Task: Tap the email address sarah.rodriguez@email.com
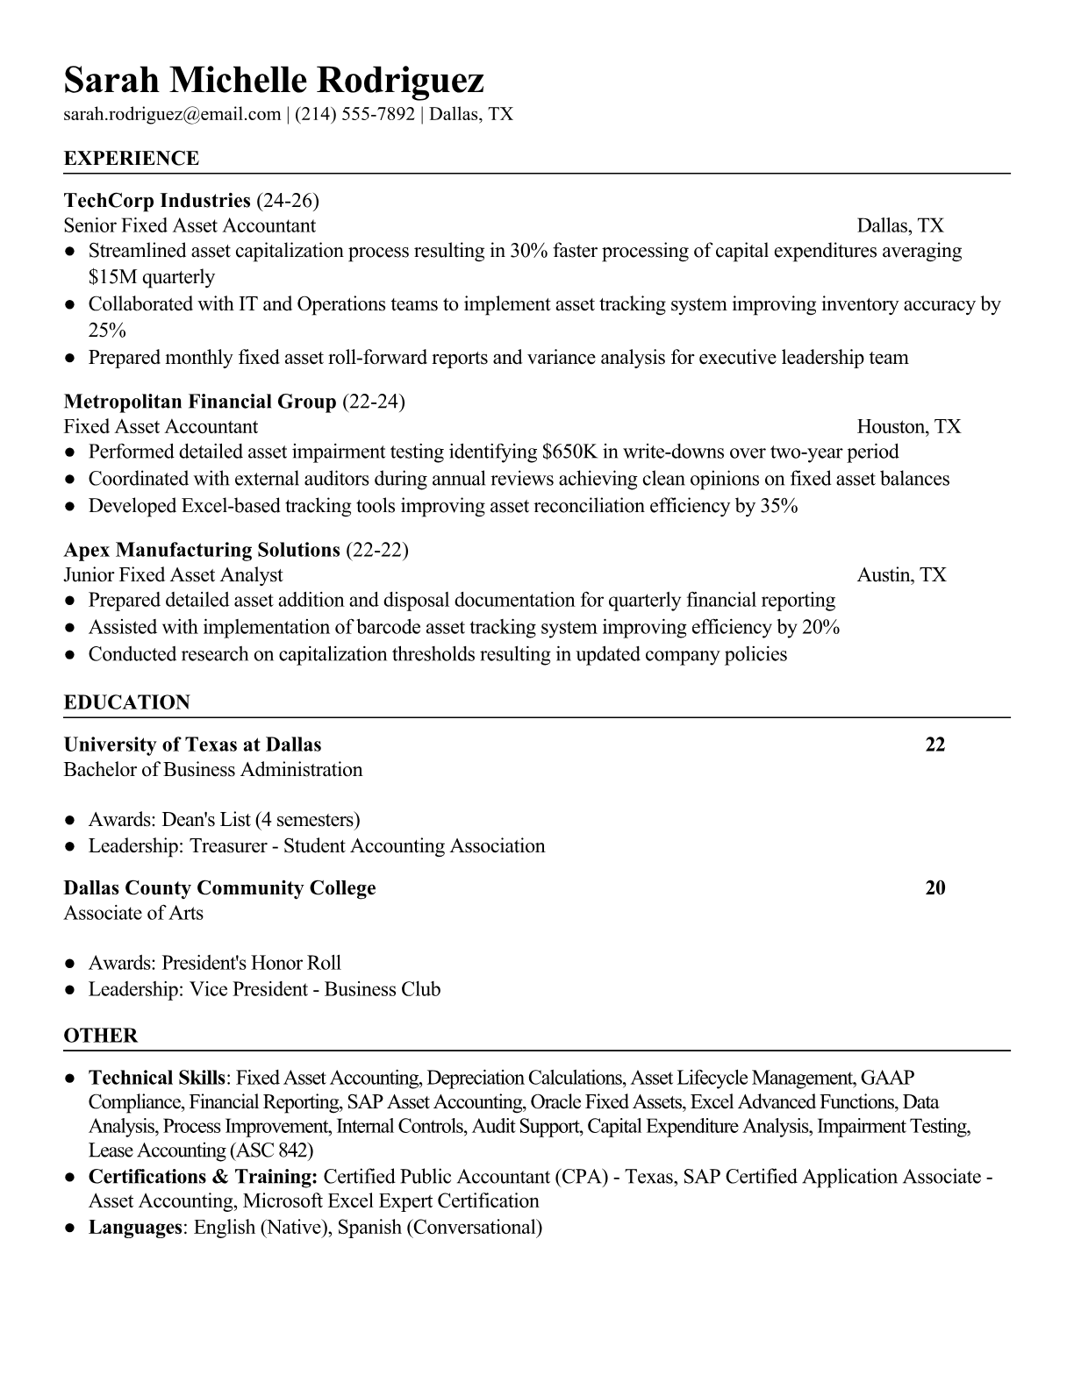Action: click(x=172, y=114)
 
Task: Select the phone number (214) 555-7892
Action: click(x=354, y=114)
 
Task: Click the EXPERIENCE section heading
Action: click(x=132, y=159)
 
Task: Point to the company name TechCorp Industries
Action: click(x=157, y=201)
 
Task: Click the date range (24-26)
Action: click(x=288, y=201)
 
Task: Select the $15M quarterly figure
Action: click(x=151, y=277)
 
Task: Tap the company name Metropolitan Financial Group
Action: click(x=200, y=402)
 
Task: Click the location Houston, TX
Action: click(x=908, y=427)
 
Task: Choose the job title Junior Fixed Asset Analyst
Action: click(x=173, y=575)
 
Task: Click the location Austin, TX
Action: click(x=901, y=575)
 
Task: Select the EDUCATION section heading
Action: click(x=127, y=702)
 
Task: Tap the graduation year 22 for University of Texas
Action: click(x=935, y=744)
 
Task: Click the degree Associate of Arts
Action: click(x=133, y=913)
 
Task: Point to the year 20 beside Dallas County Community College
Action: click(x=935, y=887)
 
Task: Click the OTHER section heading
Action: click(x=101, y=1036)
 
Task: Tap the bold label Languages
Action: click(x=134, y=1227)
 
